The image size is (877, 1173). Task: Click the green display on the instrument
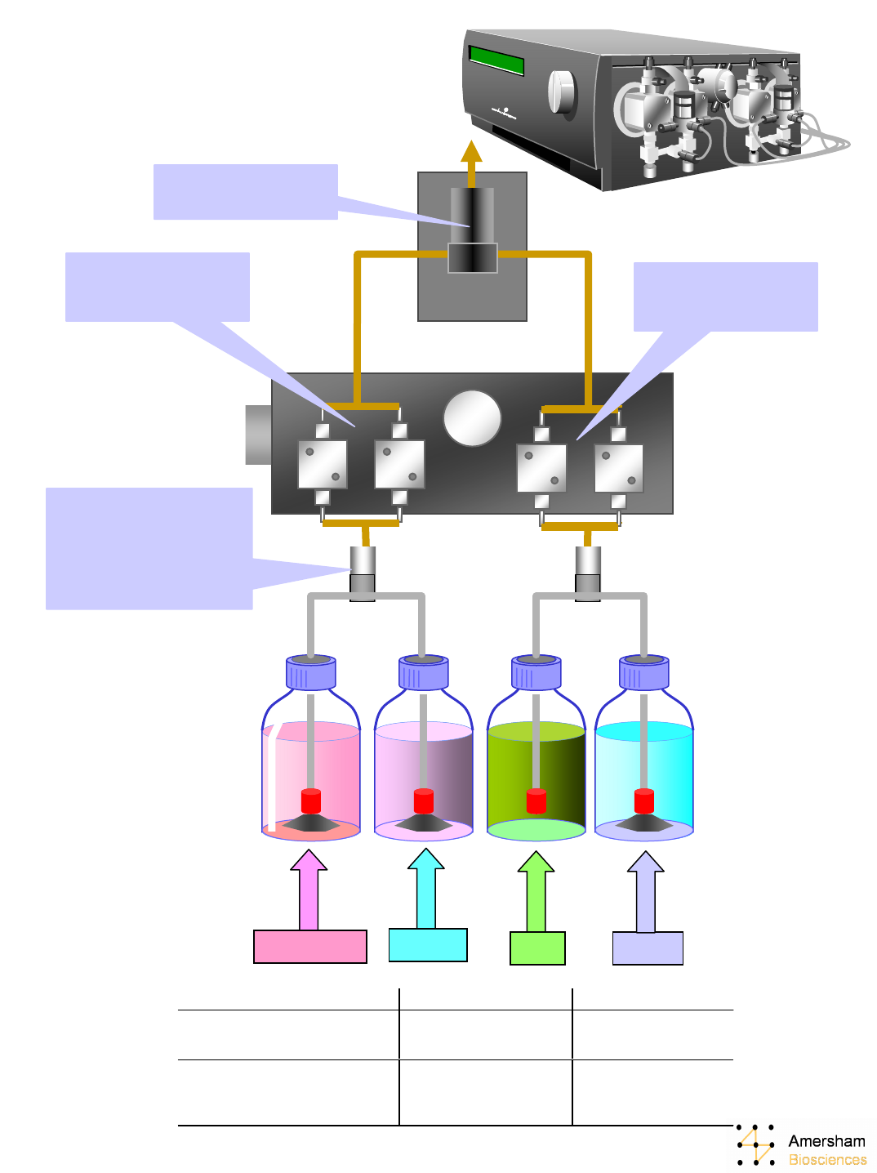[496, 60]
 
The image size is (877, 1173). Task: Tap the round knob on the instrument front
[562, 91]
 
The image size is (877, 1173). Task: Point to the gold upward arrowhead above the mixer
[471, 152]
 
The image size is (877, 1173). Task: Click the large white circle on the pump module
[472, 417]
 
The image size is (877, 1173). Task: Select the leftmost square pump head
[323, 464]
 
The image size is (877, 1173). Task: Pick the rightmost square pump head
[618, 468]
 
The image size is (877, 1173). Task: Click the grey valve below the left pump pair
[363, 572]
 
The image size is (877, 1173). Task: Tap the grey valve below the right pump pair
[588, 573]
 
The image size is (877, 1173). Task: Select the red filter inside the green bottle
[536, 801]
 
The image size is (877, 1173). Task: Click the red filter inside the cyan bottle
[644, 801]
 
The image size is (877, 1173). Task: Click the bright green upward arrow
[536, 890]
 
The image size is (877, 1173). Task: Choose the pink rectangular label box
[310, 946]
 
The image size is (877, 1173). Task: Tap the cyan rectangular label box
[428, 944]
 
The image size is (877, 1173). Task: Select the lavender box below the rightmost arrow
[648, 948]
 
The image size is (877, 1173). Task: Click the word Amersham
[826, 1141]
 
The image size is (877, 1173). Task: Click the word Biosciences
[827, 1159]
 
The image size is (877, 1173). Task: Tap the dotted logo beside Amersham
[755, 1144]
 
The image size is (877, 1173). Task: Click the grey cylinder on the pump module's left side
[258, 435]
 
